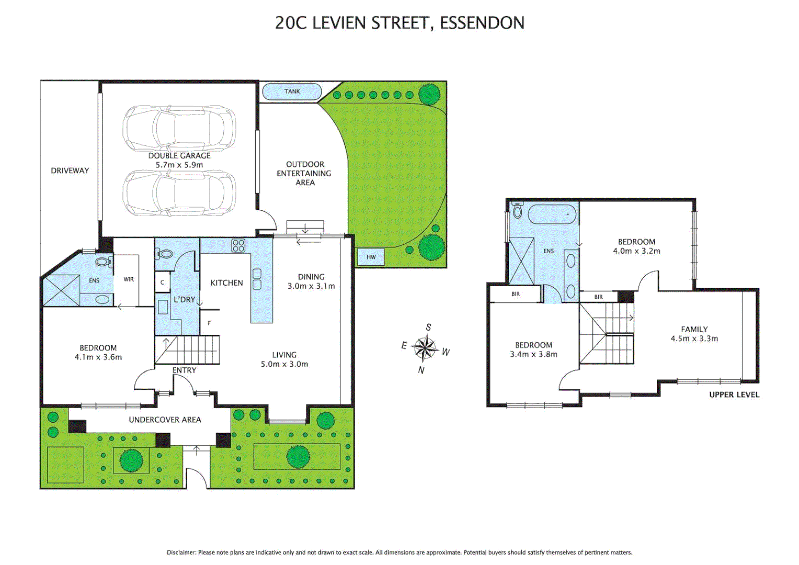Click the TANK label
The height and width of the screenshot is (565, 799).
tap(292, 92)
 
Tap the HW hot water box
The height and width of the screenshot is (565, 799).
tap(371, 257)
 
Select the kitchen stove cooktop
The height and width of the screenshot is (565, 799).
tap(238, 245)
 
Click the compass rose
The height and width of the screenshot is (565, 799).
tap(425, 347)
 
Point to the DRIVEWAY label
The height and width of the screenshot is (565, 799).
tap(70, 171)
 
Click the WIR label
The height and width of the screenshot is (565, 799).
tap(129, 279)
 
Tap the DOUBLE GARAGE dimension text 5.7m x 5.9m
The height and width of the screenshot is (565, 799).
tap(179, 165)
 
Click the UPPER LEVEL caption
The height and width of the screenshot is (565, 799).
tap(734, 395)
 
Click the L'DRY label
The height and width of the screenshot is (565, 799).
tap(185, 299)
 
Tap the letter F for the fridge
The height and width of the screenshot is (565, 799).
tap(209, 323)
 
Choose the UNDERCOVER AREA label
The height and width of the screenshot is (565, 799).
tap(165, 420)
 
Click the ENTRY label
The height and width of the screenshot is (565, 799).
tap(185, 370)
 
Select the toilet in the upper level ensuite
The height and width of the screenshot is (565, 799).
tap(517, 210)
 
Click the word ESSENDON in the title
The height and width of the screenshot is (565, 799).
tap(482, 23)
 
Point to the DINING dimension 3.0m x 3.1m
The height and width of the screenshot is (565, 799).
tap(311, 286)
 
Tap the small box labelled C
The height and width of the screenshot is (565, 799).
tap(162, 282)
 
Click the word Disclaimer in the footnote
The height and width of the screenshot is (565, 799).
tap(181, 552)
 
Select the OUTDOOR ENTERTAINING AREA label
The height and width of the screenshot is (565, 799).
tap(304, 174)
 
